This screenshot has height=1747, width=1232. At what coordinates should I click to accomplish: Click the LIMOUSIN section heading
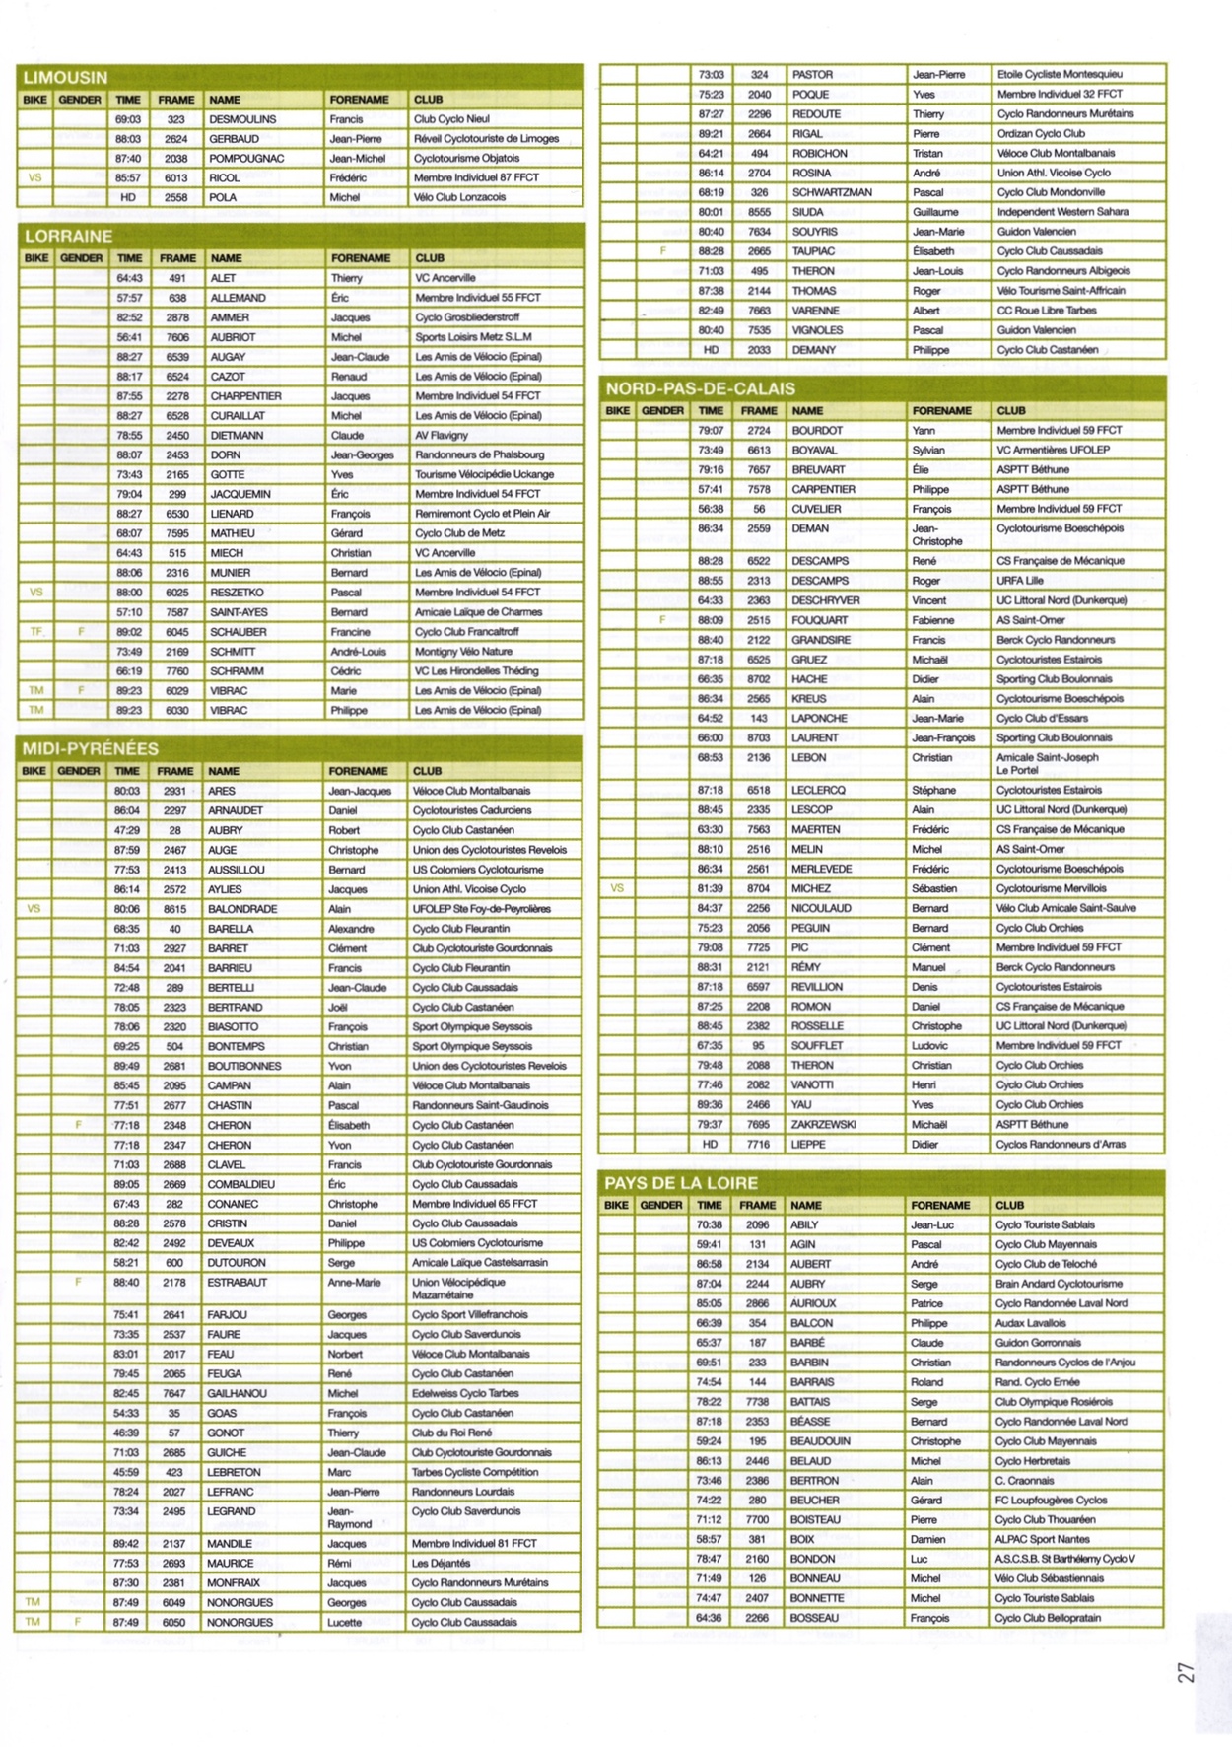point(65,77)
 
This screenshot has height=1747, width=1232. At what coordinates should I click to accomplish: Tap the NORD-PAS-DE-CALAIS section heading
point(700,388)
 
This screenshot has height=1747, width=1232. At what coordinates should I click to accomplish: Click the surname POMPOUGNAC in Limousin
point(246,158)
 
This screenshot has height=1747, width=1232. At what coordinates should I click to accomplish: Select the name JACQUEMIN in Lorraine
point(240,494)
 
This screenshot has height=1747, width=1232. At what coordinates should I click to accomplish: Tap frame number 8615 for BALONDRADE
point(174,909)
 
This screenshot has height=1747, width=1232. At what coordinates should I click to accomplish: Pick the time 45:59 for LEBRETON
point(126,1472)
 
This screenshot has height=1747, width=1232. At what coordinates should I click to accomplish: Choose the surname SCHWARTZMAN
point(832,192)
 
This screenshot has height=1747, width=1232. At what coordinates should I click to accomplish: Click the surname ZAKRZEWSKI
point(824,1124)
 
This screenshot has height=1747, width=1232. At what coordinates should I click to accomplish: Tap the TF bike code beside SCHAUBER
point(36,632)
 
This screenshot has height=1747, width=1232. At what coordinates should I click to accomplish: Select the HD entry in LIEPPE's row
point(710,1144)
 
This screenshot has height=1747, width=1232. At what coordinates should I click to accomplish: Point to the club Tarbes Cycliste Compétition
point(475,1472)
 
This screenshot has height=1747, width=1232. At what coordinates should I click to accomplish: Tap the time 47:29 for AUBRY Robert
point(126,830)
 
